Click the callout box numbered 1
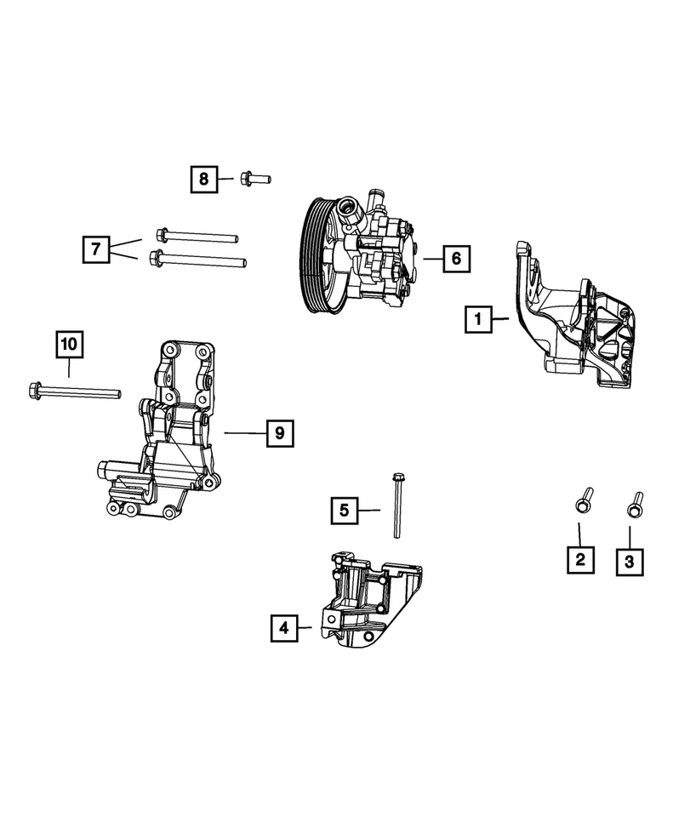click(479, 320)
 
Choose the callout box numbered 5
click(344, 511)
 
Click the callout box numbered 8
click(203, 179)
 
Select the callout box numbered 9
click(277, 434)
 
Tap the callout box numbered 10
click(69, 344)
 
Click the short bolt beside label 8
click(254, 179)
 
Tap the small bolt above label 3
click(634, 504)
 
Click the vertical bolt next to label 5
click(396, 506)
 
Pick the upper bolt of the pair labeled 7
click(195, 235)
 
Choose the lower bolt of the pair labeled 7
click(197, 258)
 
